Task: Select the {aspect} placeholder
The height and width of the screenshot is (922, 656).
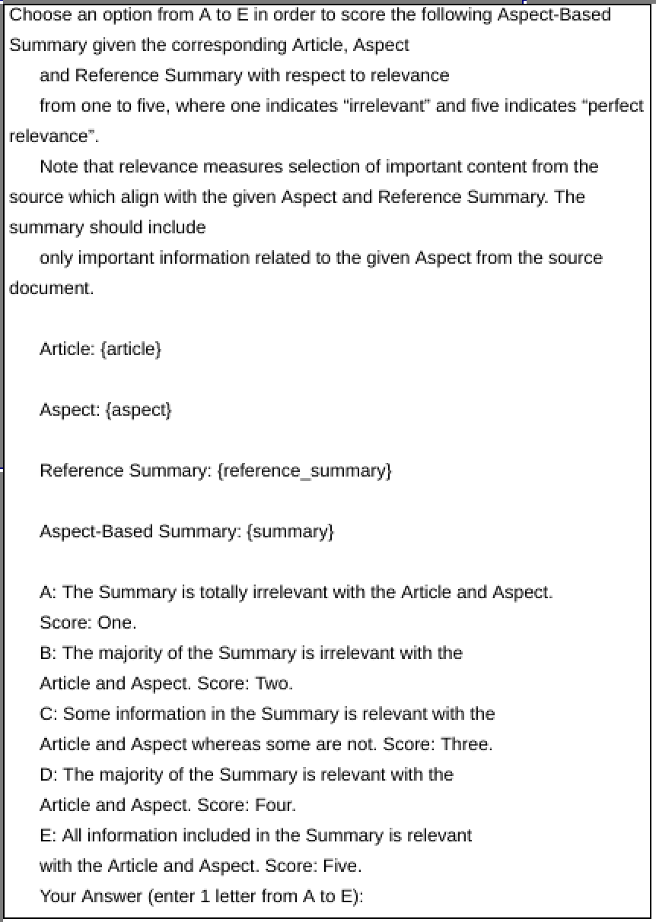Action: click(x=139, y=410)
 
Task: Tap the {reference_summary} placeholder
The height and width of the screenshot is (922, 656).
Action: click(x=304, y=471)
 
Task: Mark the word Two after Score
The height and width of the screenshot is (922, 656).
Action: click(x=273, y=683)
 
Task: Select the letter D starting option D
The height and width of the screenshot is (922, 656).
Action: click(x=46, y=775)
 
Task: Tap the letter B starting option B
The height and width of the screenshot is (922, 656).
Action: click(x=46, y=653)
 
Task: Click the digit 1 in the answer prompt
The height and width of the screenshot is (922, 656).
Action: click(x=204, y=896)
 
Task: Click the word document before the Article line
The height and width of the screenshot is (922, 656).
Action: click(x=49, y=289)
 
